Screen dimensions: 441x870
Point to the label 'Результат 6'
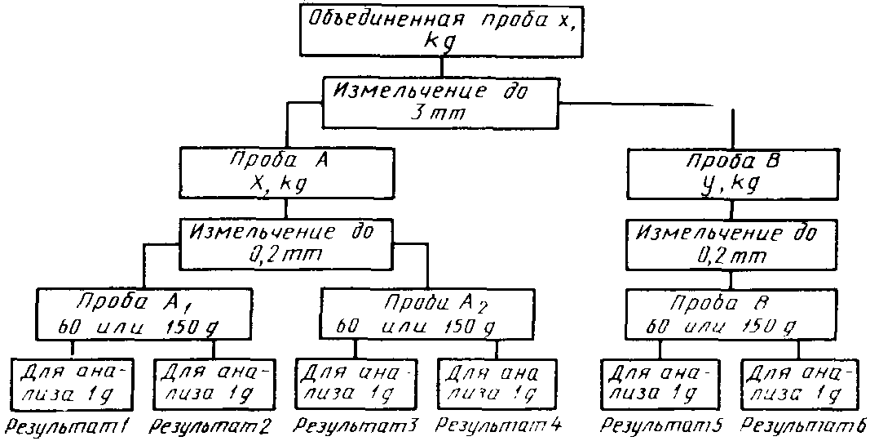[x=803, y=425]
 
